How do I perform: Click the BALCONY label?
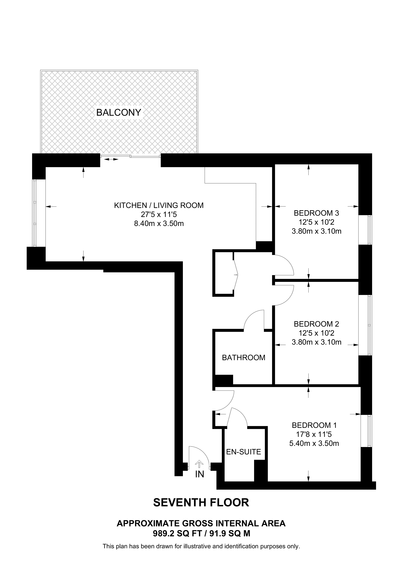tap(119, 112)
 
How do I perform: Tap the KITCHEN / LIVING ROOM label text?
tap(159, 205)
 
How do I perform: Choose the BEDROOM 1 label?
tap(314, 425)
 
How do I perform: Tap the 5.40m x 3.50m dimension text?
tap(314, 443)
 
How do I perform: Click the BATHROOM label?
tap(243, 358)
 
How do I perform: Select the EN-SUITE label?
tap(243, 452)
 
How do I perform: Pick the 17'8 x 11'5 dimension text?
tap(314, 434)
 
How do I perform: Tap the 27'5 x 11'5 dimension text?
tap(159, 214)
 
